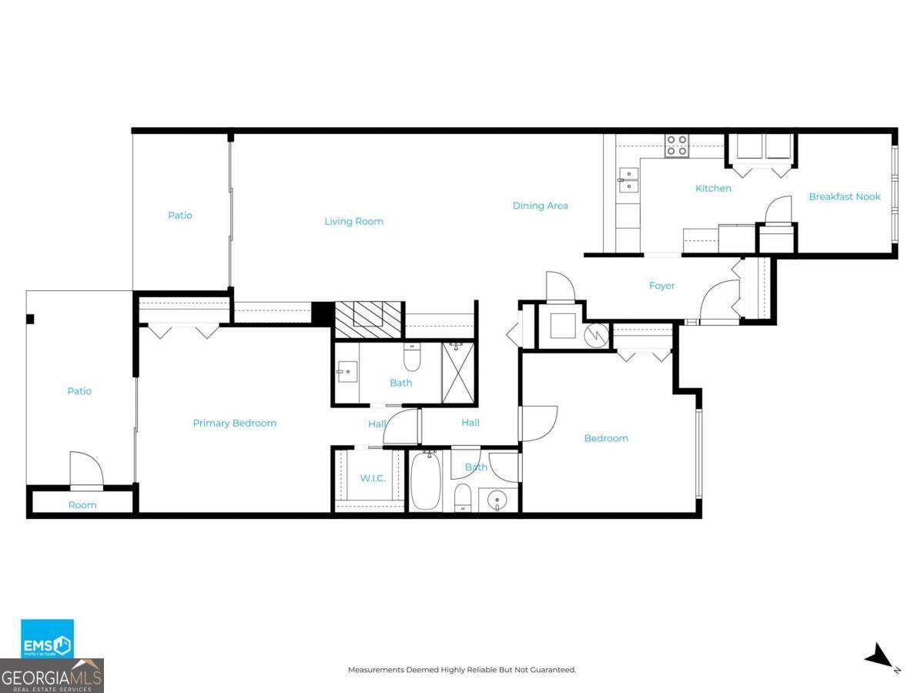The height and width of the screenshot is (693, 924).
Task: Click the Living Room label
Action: [x=353, y=222]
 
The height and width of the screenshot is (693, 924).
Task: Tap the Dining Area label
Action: [x=541, y=206]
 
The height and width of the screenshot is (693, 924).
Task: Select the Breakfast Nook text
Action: [x=845, y=197]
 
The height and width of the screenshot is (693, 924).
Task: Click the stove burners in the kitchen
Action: [x=677, y=146]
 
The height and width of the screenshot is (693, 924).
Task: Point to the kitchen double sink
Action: [x=628, y=180]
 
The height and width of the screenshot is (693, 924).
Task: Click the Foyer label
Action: [x=661, y=286]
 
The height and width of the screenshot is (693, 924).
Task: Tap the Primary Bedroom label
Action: [x=234, y=423]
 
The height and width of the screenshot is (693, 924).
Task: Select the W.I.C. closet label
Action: [x=373, y=478]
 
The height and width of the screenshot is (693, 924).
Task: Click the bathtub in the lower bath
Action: [x=425, y=481]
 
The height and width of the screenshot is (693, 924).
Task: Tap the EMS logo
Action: [x=47, y=639]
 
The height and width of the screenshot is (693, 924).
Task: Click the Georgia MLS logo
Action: [x=52, y=676]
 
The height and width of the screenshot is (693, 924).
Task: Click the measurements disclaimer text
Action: [x=462, y=670]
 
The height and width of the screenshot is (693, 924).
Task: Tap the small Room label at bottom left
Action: [x=82, y=505]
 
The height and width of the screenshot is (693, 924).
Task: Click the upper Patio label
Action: [x=180, y=216]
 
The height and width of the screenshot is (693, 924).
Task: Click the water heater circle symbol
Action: [x=598, y=335]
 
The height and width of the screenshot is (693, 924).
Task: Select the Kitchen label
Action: [x=713, y=189]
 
